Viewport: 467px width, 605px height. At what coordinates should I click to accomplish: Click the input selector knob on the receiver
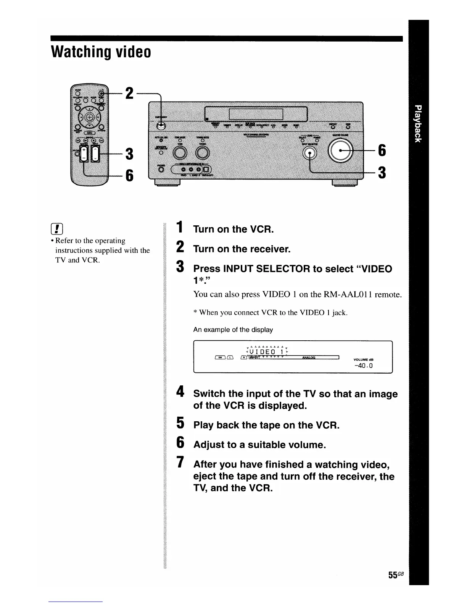[x=310, y=153]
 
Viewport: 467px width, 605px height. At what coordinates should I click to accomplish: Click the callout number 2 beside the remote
[x=129, y=93]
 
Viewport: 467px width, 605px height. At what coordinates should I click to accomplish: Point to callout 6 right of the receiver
[x=382, y=150]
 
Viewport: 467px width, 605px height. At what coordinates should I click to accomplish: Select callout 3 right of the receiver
[x=382, y=173]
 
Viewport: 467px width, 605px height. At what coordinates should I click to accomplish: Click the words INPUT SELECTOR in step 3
[x=266, y=269]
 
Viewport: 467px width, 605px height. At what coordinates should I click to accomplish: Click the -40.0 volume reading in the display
[x=363, y=366]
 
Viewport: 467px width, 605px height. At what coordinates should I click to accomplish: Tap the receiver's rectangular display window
[x=256, y=114]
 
